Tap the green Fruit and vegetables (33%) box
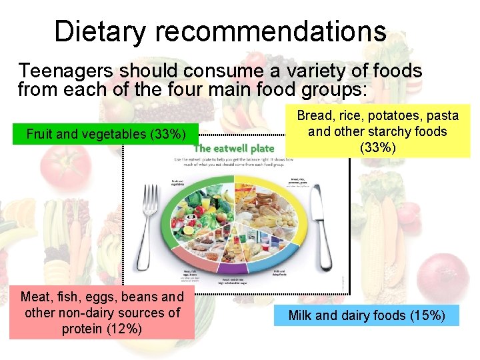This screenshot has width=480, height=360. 105,134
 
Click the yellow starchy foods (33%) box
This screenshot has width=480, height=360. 377,131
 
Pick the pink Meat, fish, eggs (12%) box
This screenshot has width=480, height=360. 102,313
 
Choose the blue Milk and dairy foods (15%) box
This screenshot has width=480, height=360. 367,315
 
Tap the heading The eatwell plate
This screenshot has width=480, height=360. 234,148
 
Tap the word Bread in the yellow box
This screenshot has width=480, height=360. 315,116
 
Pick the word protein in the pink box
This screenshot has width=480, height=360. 81,329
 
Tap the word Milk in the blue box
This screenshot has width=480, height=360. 300,315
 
